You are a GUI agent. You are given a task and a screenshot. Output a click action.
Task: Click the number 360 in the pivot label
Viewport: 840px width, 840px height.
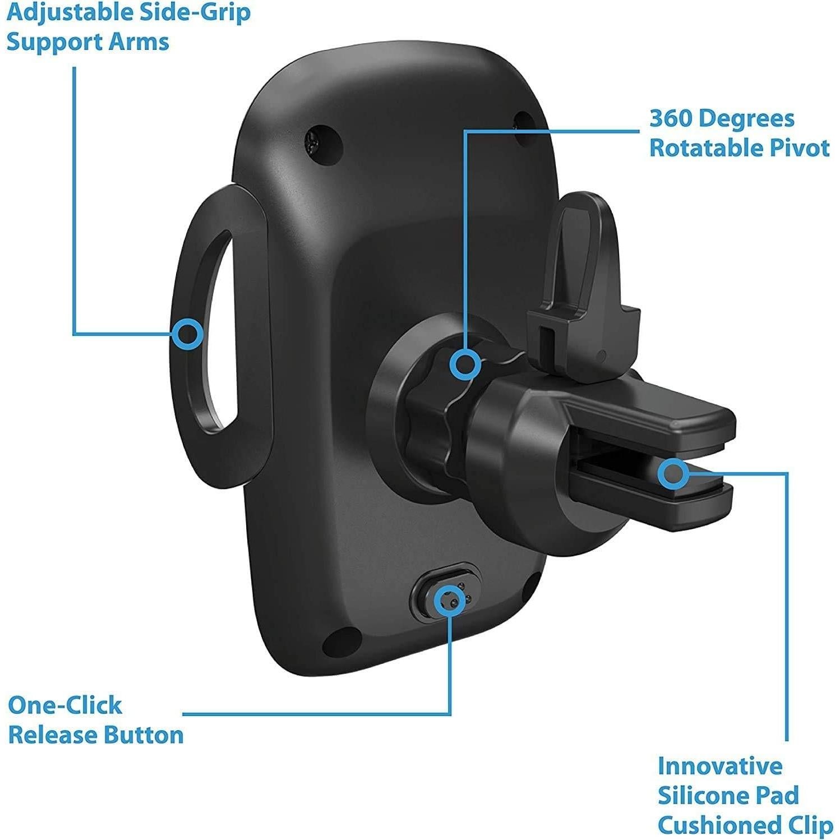[670, 119]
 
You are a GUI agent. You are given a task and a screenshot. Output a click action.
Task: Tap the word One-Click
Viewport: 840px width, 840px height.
[65, 705]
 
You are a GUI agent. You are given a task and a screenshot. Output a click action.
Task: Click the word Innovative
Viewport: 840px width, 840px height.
[720, 765]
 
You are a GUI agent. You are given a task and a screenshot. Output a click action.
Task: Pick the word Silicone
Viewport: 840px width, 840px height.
[705, 795]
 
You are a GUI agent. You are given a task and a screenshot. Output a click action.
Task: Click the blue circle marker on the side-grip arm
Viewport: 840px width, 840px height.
[187, 334]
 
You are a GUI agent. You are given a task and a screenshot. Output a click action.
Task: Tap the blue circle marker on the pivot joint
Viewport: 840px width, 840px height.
[465, 364]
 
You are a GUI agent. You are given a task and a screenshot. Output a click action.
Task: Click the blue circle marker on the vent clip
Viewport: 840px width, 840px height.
[673, 474]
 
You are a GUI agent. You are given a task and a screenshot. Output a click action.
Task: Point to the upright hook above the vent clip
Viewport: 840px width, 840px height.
[583, 264]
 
